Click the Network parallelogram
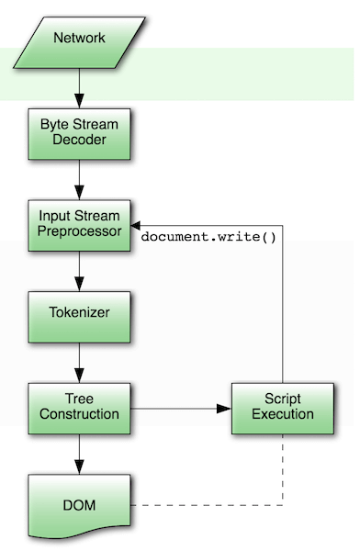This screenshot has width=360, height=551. click(x=79, y=38)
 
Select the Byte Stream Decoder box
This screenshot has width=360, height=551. click(x=79, y=131)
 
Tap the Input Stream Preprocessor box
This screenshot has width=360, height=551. click(x=79, y=224)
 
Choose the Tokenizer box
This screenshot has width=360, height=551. click(x=79, y=312)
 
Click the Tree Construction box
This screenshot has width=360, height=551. click(x=79, y=406)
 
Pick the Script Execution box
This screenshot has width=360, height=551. click(x=283, y=406)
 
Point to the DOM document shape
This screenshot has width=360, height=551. click(x=79, y=505)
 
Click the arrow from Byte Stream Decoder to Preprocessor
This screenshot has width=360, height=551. click(x=79, y=177)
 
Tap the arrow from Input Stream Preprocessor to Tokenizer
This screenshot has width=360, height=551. click(x=79, y=268)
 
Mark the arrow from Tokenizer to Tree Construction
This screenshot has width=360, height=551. click(x=79, y=359)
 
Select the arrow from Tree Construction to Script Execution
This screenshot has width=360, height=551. click(x=179, y=406)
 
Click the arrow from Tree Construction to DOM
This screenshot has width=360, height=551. click(x=79, y=453)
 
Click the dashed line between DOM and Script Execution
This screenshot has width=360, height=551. click(x=211, y=505)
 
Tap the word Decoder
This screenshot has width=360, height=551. click(x=79, y=140)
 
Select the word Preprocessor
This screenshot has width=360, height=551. click(x=79, y=231)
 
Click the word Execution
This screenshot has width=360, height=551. click(x=283, y=414)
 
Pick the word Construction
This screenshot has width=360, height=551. click(x=79, y=414)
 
